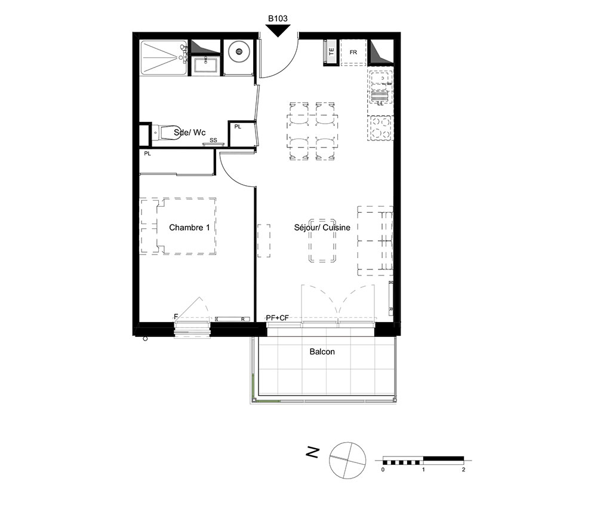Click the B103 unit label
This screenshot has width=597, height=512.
(278, 19)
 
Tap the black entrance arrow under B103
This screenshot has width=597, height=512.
(278, 30)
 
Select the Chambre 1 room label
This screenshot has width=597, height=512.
(189, 228)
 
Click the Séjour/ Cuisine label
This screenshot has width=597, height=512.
(322, 228)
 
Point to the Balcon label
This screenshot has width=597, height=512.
(322, 352)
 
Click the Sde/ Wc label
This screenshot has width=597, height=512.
(190, 132)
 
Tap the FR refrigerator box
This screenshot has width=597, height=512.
(353, 52)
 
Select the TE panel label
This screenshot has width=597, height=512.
(331, 51)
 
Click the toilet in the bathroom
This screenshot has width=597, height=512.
(167, 133)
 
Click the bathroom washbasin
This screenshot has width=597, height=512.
(205, 64)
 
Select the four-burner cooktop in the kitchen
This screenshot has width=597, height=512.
(381, 128)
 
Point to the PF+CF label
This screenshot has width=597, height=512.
(277, 318)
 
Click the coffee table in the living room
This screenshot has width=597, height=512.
(322, 241)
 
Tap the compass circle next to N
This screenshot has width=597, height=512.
(347, 460)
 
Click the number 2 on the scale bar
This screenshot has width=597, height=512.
(463, 470)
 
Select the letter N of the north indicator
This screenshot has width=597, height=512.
(313, 452)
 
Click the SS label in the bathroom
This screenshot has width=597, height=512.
(213, 140)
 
